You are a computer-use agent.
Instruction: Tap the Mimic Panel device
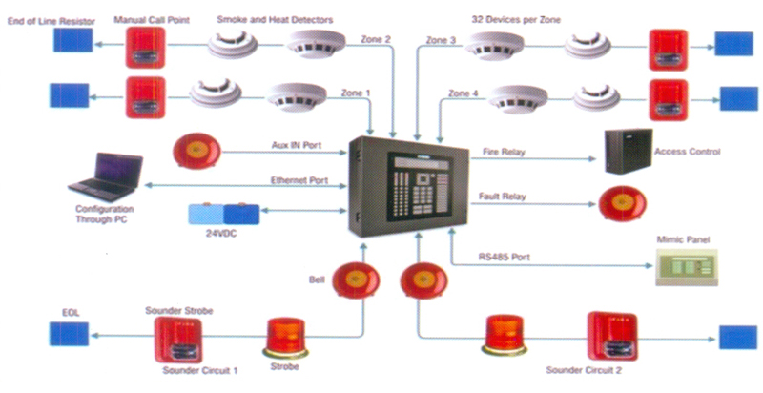[x=687, y=267]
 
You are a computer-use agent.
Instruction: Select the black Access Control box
[x=628, y=152]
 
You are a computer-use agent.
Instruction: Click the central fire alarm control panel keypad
[x=419, y=184]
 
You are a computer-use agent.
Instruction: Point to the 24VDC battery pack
[x=224, y=215]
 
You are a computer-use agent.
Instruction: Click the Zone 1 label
[x=355, y=93]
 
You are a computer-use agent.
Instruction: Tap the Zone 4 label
[x=463, y=93]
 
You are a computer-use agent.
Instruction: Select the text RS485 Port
[x=505, y=257]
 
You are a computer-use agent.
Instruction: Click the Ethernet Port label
[x=299, y=180]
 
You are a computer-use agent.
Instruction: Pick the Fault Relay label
[x=503, y=196]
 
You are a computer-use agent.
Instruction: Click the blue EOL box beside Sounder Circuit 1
[x=69, y=334]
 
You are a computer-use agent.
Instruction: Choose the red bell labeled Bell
[x=356, y=280]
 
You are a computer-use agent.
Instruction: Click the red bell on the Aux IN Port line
[x=197, y=151]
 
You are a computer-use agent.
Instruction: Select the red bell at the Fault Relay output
[x=623, y=203]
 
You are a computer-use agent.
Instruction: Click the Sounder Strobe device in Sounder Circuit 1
[x=178, y=340]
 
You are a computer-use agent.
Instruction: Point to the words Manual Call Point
[x=152, y=20]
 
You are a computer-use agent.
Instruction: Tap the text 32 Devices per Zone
[x=516, y=19]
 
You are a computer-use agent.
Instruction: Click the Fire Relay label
[x=504, y=152]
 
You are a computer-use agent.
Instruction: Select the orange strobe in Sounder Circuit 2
[x=505, y=335]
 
